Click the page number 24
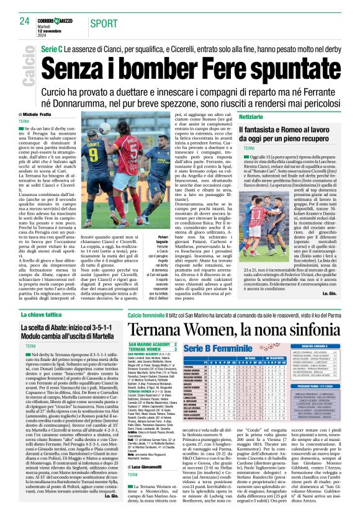click(25, 20)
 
